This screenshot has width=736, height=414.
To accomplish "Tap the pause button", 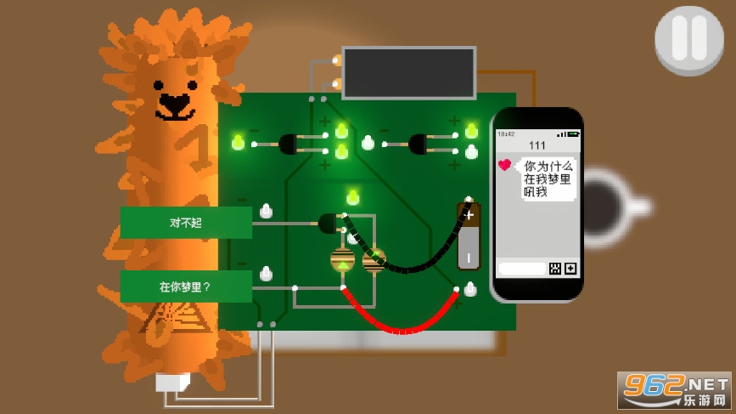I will (x=689, y=39).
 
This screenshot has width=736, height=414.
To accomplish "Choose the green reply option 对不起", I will (x=186, y=223).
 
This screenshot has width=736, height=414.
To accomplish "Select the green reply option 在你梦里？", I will (x=186, y=286).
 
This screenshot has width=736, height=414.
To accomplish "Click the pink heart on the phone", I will (x=504, y=165).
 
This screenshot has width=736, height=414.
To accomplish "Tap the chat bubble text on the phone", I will (x=548, y=179).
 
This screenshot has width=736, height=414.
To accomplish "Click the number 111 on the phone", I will (x=537, y=145).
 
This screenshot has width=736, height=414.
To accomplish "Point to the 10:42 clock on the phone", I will (x=507, y=134).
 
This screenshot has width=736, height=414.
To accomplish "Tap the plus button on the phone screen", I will (x=570, y=269).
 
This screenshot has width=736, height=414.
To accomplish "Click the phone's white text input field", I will (x=522, y=269).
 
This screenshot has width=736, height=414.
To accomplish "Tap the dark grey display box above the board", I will (x=408, y=73).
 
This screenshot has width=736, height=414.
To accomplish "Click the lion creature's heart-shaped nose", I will (x=174, y=105).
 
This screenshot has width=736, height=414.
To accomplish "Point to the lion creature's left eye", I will (x=158, y=85).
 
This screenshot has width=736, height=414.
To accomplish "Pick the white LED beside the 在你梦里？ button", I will (x=266, y=274).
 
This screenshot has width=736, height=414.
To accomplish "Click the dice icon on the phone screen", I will (x=554, y=269).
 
